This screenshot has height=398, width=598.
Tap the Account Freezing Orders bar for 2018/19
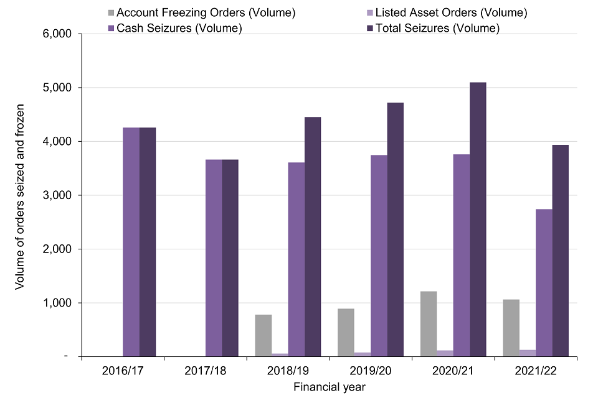click(x=263, y=336)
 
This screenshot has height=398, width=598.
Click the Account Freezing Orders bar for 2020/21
click(x=428, y=324)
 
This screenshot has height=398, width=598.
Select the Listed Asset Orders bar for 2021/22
click(x=528, y=353)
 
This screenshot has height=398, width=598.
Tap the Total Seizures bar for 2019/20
click(x=396, y=229)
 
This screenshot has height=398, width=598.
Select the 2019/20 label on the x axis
click(x=371, y=371)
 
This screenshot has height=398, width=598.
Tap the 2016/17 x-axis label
click(x=122, y=371)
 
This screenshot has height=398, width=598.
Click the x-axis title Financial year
click(x=329, y=387)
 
